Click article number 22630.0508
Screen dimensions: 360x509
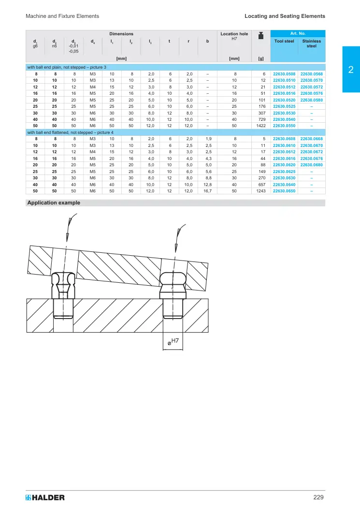pos(284,74)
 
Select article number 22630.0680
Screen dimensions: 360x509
pos(312,165)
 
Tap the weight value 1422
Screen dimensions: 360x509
pos(261,126)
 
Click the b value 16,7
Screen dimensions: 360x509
pos(207,191)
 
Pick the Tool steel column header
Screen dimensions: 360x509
pos(284,41)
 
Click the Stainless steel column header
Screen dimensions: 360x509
pos(312,44)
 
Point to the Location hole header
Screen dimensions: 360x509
pos(234,34)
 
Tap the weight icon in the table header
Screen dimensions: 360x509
pos(260,36)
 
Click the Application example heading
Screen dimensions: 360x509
pos(54,203)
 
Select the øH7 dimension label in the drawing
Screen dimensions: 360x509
pos(173,341)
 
